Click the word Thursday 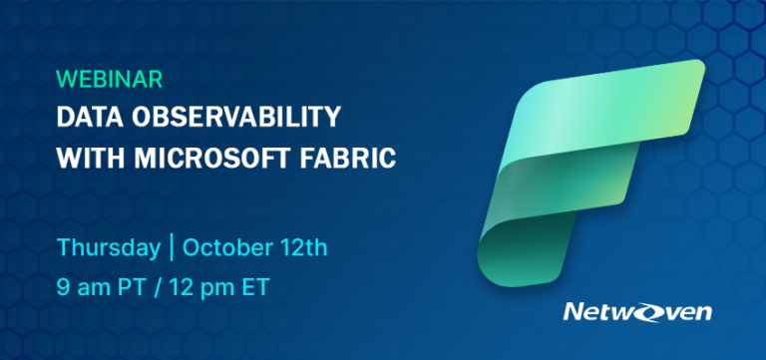pyautogui.click(x=108, y=247)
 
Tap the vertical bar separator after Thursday pyautogui.click(x=171, y=247)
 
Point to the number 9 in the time pyautogui.click(x=63, y=288)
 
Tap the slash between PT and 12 pyautogui.click(x=153, y=288)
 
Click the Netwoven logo pyautogui.click(x=637, y=312)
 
